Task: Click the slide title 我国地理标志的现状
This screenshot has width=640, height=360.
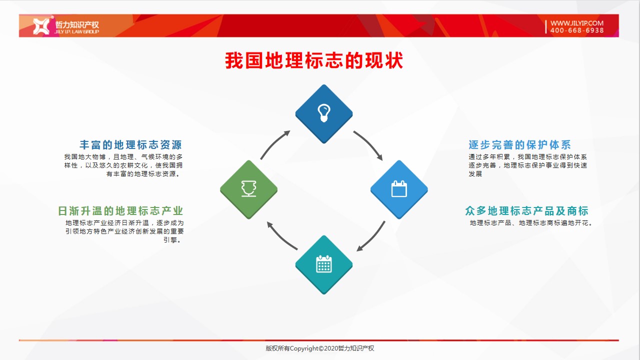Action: click(x=314, y=60)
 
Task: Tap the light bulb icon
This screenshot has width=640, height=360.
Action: click(x=324, y=113)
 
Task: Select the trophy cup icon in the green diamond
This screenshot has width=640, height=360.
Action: click(x=248, y=188)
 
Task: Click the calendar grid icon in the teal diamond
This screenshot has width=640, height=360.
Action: click(x=324, y=264)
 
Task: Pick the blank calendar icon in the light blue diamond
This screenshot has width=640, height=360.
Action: click(x=399, y=189)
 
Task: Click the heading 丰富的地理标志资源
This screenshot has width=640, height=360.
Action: click(x=131, y=145)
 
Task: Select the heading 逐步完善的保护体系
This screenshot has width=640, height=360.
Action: click(x=519, y=145)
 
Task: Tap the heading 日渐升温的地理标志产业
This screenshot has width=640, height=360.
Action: click(x=120, y=211)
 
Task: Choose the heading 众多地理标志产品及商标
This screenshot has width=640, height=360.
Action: click(x=526, y=211)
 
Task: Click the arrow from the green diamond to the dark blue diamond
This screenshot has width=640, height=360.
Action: click(x=273, y=143)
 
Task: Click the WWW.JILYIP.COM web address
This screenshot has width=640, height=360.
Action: click(x=577, y=23)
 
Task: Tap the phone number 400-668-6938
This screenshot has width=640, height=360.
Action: click(x=577, y=30)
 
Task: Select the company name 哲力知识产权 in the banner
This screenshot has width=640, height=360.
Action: click(x=76, y=24)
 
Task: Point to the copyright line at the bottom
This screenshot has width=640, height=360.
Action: click(x=319, y=348)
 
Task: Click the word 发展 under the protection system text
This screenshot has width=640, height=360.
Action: click(x=475, y=173)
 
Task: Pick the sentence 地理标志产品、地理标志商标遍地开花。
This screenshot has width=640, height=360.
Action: click(x=531, y=223)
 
